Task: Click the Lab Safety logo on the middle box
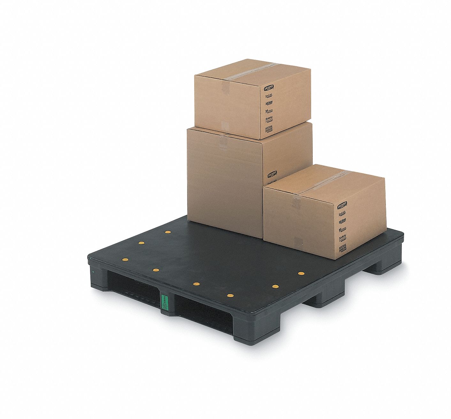coord(272,174)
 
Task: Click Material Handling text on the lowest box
coord(343,248)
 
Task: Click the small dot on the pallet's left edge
coord(93,272)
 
